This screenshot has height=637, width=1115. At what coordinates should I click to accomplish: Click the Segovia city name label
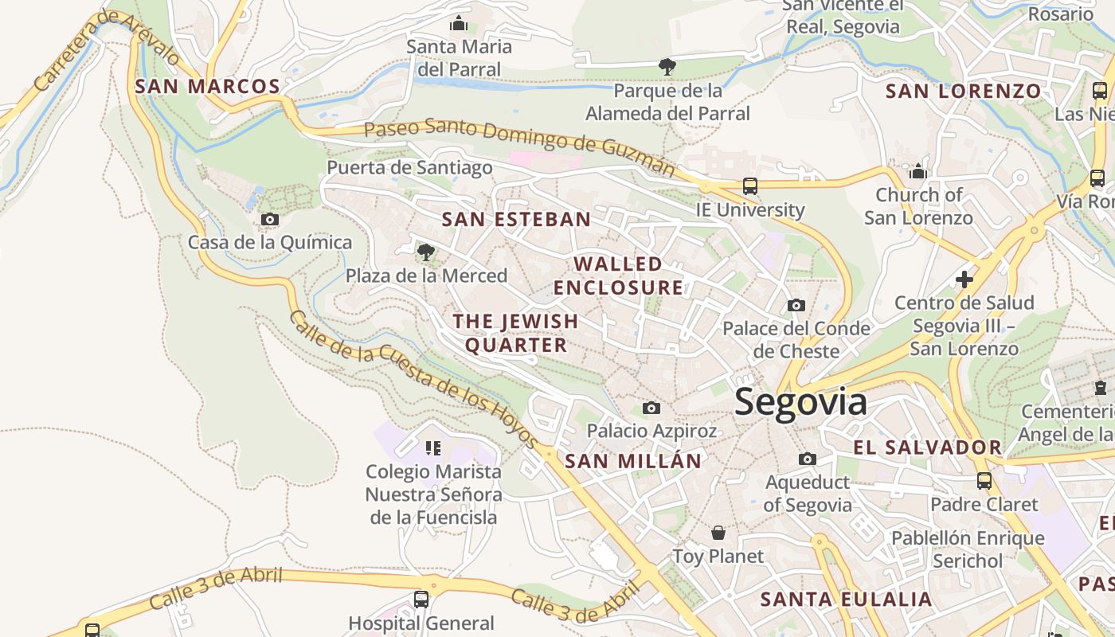click(800, 402)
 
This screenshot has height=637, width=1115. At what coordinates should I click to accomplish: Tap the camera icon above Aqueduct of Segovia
click(808, 459)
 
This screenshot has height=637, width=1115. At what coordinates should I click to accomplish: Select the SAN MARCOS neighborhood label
click(208, 87)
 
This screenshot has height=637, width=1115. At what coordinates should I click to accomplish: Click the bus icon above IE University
click(749, 186)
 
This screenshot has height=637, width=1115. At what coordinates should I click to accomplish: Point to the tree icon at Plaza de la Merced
click(426, 252)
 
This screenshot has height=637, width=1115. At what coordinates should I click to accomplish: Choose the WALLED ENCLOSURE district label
click(619, 276)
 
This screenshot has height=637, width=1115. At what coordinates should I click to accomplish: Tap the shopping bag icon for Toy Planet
click(718, 533)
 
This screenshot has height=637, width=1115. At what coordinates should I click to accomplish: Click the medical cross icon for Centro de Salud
click(964, 279)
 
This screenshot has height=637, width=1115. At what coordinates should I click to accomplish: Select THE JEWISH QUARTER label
click(516, 333)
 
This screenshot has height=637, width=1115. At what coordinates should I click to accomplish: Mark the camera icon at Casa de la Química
click(270, 219)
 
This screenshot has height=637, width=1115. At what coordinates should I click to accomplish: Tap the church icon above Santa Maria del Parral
click(459, 24)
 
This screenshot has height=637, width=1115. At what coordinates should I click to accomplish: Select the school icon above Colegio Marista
click(433, 448)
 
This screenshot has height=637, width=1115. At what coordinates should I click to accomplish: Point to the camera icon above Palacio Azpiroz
click(651, 408)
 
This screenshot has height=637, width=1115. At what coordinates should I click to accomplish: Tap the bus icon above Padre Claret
click(984, 481)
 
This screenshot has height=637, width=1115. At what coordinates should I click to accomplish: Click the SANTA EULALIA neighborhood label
click(846, 600)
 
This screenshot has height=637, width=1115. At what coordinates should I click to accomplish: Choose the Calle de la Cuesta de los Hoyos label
click(413, 377)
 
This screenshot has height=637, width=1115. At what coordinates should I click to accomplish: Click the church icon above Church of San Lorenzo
click(918, 171)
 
